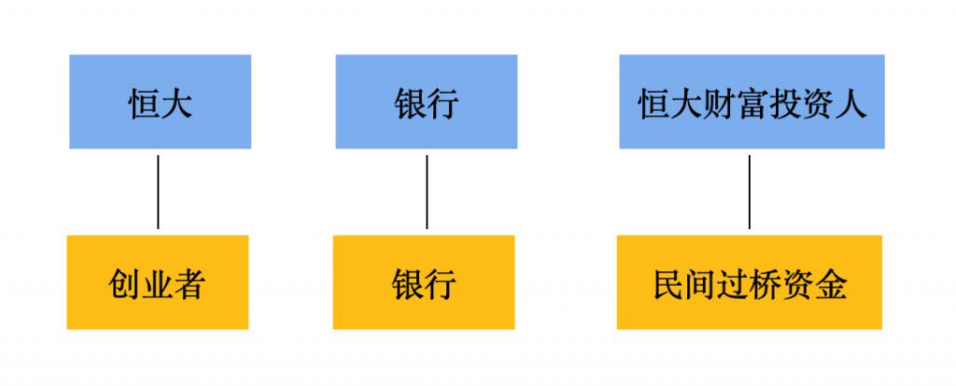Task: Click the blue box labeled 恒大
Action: pos(160,101)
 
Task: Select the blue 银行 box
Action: pos(426,101)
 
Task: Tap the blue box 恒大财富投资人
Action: pos(752,101)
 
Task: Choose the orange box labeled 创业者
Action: pos(157,282)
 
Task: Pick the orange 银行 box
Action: pos(424,282)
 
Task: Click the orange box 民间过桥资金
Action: pos(750,282)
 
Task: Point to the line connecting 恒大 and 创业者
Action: pos(158,192)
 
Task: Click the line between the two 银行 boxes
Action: pos(427,192)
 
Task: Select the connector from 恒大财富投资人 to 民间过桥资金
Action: pos(750,192)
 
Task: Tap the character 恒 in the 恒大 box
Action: pos(144,104)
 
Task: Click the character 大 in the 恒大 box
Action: pos(176,104)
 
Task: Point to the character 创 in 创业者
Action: pos(124,284)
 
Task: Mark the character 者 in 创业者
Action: pos(189,284)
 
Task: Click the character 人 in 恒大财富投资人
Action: pos(851,104)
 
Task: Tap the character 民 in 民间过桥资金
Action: pos(668,284)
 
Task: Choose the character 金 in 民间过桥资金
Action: pos(831,284)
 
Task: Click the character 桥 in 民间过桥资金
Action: pos(766,284)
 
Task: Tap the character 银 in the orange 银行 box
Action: pos(408,284)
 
